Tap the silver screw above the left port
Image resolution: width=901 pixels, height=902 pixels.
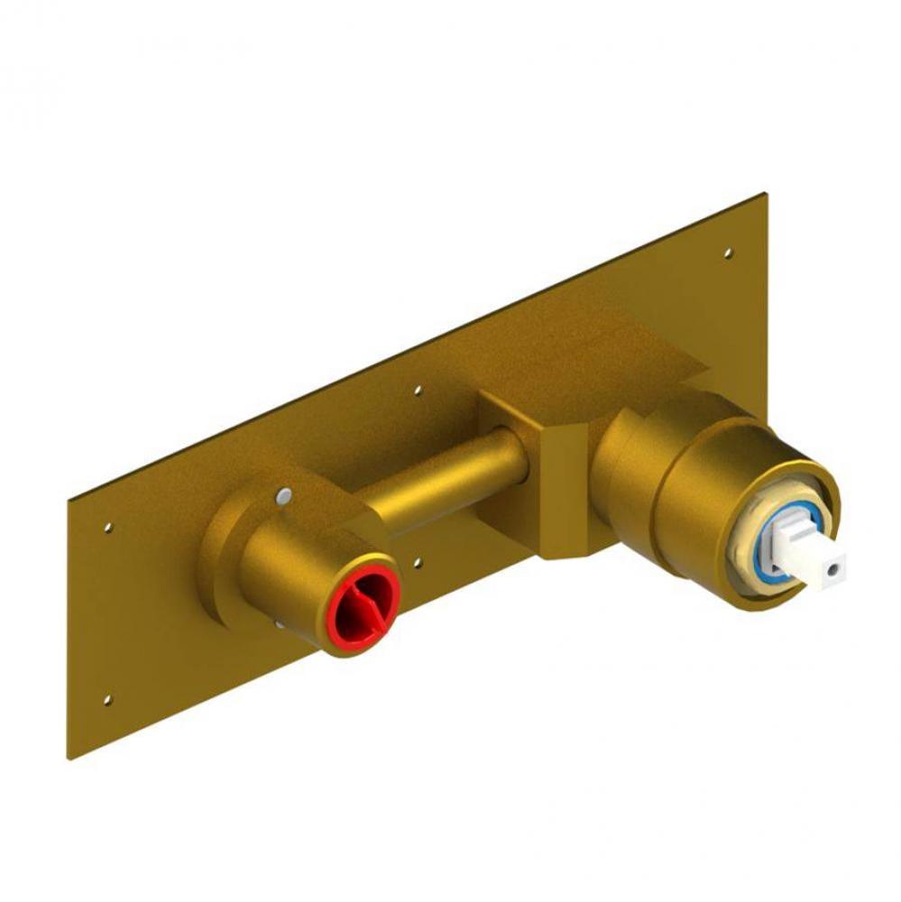pos(285,494)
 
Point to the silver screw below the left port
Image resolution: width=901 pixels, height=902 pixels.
pos(281,624)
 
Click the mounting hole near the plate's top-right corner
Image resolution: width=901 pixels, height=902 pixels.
pos(729,253)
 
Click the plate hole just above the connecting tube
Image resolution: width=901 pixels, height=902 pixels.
pos(417,391)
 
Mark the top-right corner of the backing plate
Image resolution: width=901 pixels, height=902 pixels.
pos(766,193)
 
